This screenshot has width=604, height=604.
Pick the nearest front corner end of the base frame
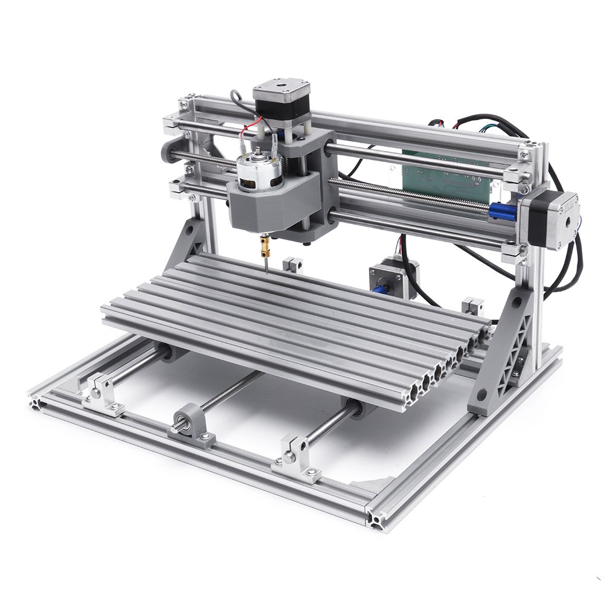374,519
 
